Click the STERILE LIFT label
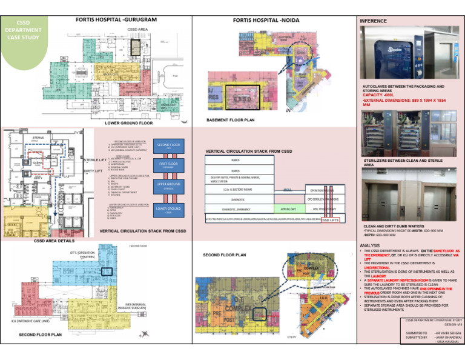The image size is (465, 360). (97, 160)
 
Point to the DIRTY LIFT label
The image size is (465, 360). (93, 172)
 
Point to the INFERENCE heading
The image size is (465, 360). (374, 21)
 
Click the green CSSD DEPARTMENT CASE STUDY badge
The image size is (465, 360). (22, 30)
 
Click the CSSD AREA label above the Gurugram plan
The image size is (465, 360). (137, 29)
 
